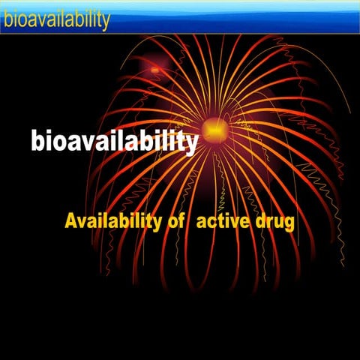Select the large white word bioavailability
[114, 141]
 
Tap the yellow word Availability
[112, 221]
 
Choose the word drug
[274, 223]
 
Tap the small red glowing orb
[155, 70]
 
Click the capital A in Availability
[71, 221]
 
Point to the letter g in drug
[288, 225]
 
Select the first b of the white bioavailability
[37, 140]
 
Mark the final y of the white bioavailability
[191, 144]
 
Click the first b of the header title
[7, 19]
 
